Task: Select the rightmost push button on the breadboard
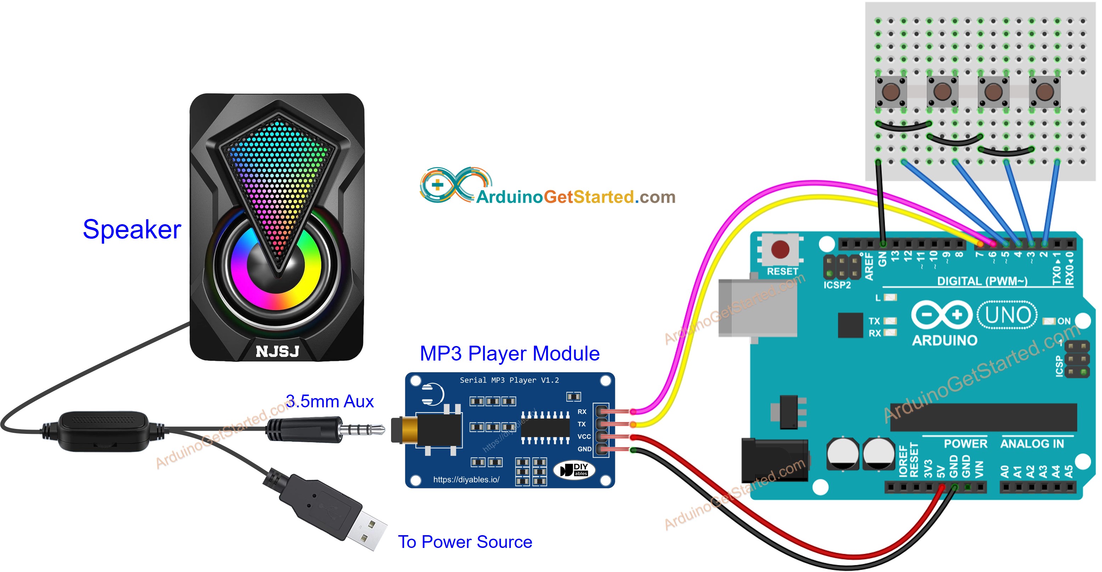[1044, 91]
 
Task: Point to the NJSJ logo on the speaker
[277, 351]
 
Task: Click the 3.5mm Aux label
[329, 401]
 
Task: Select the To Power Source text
[465, 542]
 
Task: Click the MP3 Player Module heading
[509, 353]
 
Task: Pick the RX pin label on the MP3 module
[582, 412]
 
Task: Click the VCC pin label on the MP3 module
[584, 436]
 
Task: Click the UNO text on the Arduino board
[1007, 315]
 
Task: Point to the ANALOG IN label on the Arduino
[1032, 444]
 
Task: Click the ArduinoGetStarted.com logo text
[575, 197]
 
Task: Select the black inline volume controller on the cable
[104, 431]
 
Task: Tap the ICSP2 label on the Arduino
[837, 285]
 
